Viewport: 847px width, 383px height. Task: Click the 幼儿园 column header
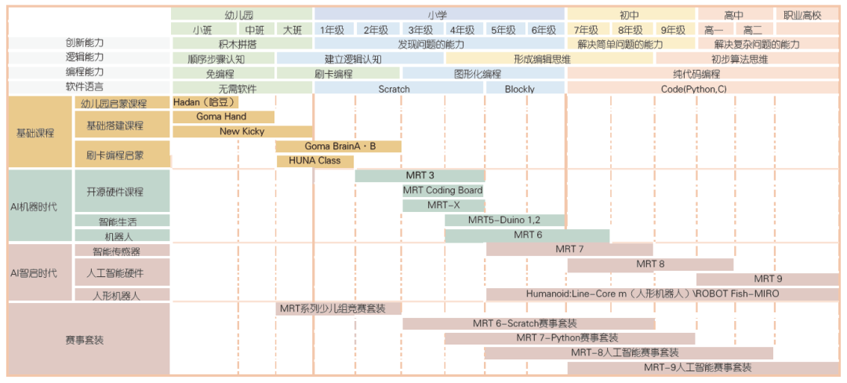click(x=242, y=15)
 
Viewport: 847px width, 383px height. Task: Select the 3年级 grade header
click(x=422, y=30)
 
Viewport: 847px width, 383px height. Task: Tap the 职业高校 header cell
click(x=806, y=15)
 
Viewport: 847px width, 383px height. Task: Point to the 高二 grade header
click(x=754, y=30)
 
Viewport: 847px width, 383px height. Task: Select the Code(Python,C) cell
click(x=702, y=89)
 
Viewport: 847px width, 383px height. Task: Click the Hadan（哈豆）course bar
click(x=205, y=102)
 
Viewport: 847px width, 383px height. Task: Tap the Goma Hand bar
click(x=223, y=117)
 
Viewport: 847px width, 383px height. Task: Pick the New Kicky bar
click(x=242, y=131)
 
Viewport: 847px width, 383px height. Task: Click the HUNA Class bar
click(x=315, y=161)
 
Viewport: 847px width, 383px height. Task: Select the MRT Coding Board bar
click(x=443, y=190)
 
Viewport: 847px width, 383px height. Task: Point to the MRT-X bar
click(x=443, y=206)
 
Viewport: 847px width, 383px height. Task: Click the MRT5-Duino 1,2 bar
click(x=504, y=220)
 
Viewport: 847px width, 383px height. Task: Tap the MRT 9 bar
click(x=767, y=279)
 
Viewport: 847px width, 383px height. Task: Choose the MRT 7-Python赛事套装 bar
click(x=569, y=338)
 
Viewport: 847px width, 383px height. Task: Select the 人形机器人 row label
click(x=122, y=295)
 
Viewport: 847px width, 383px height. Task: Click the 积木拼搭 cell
click(x=242, y=44)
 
